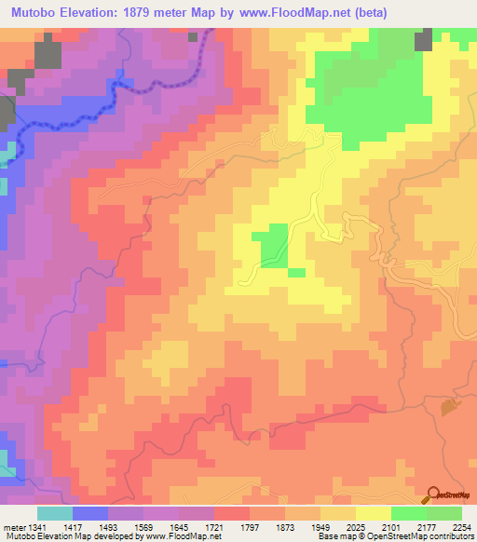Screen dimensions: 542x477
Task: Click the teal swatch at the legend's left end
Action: coord(55,513)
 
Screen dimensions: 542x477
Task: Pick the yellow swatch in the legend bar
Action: coord(374,513)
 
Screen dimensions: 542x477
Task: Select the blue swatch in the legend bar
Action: coord(90,513)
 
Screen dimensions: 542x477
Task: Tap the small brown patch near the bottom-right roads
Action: coord(450,406)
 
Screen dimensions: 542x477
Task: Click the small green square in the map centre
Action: coord(272,245)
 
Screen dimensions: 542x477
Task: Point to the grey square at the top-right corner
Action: coord(423,38)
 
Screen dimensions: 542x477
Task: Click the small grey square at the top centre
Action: coord(194,35)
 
